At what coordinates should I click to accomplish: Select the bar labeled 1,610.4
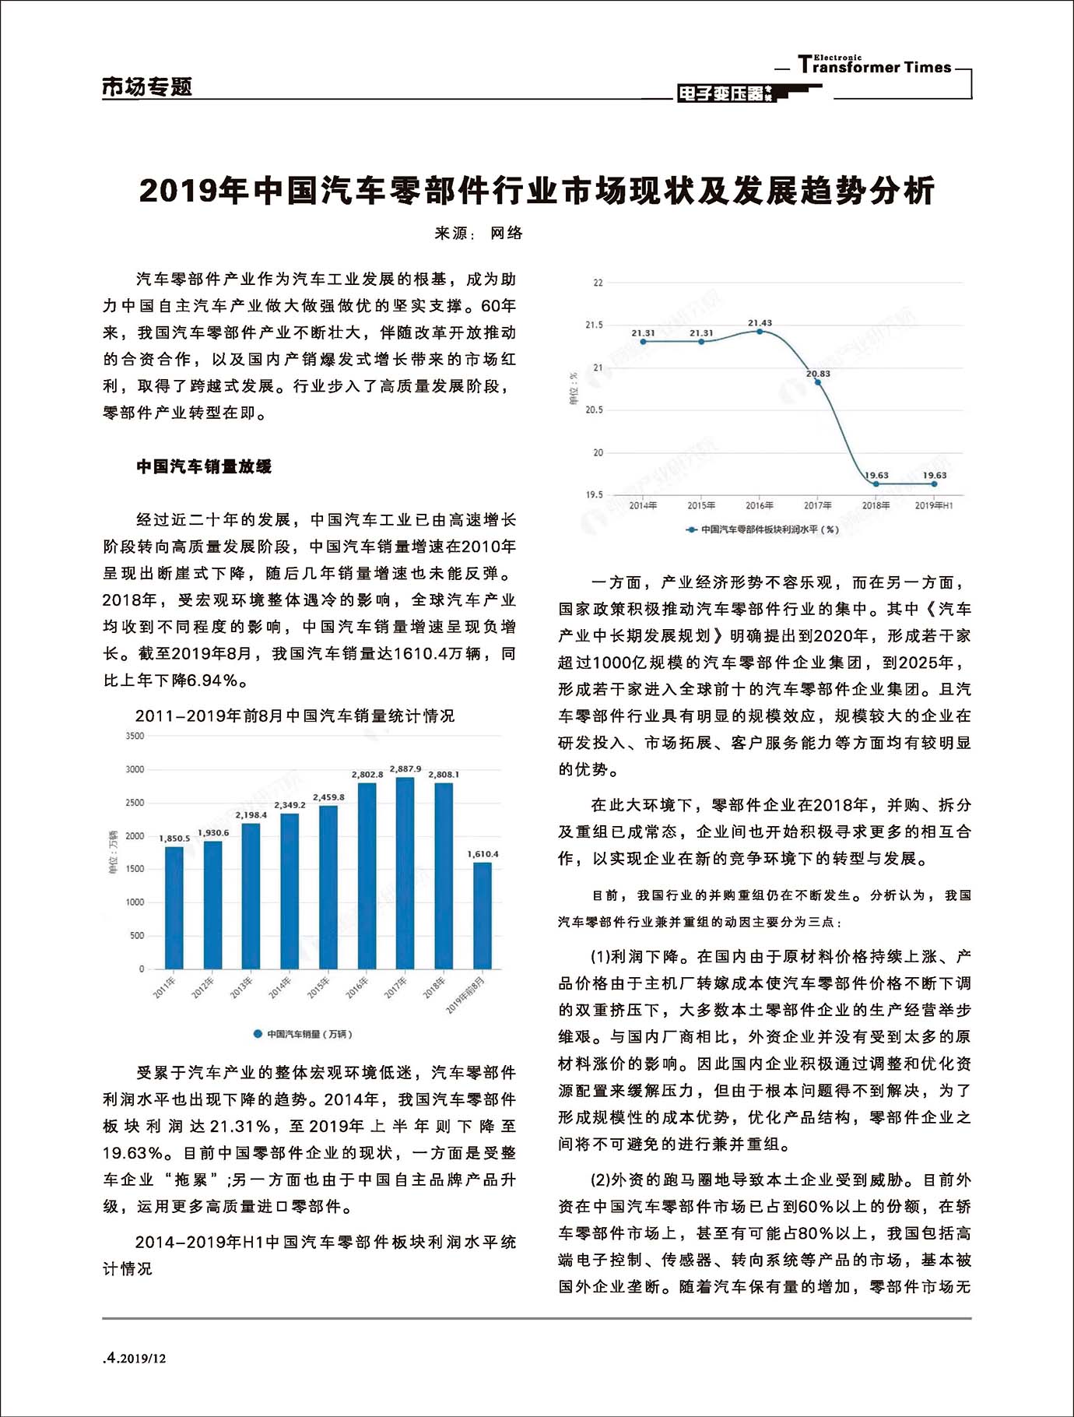483,915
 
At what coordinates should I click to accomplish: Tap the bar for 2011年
174,907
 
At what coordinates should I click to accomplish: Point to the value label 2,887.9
405,769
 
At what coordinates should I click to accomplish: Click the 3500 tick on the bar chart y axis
135,736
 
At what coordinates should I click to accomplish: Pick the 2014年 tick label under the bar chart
280,987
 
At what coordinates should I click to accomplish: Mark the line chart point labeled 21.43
760,332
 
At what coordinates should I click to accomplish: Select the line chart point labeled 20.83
817,382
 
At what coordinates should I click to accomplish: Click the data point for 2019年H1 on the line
934,483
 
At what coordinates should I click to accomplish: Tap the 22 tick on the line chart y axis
598,283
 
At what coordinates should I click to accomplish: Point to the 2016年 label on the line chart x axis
760,505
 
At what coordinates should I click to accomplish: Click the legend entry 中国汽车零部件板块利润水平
763,529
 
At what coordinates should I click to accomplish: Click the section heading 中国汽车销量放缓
204,466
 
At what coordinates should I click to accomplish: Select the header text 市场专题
147,86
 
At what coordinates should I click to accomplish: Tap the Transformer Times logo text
875,66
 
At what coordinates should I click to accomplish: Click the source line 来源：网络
479,233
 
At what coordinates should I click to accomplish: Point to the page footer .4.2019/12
135,1359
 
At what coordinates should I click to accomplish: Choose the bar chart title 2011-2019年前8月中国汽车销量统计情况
295,716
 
